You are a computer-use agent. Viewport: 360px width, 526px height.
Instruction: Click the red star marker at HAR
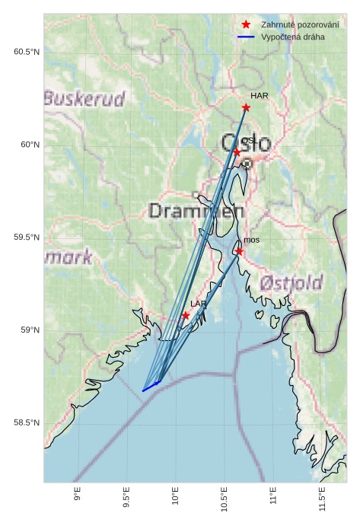pos(246,107)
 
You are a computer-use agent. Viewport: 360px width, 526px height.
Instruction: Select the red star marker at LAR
pos(186,315)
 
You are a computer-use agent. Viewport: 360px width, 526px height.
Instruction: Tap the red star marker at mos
pos(239,251)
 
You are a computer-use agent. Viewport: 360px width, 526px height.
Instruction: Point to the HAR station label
pos(260,96)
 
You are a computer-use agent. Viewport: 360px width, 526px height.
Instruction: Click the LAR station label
pos(198,304)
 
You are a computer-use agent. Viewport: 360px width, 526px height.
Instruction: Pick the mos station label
pos(251,240)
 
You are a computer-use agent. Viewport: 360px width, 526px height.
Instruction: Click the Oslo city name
pos(246,142)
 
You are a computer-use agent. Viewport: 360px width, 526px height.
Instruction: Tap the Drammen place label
pos(196,211)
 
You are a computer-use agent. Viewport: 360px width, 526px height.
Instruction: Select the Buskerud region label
pos(84,99)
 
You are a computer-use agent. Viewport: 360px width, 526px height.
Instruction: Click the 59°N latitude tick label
pos(29,330)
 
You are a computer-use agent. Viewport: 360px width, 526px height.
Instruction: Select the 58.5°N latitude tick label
pos(26,422)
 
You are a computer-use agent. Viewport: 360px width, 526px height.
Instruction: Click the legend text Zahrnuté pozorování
pos(300,24)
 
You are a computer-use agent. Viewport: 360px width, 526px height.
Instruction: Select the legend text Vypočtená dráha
pos(293,37)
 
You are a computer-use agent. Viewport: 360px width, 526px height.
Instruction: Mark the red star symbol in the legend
pos(246,24)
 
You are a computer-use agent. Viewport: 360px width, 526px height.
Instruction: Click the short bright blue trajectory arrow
pos(151,387)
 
